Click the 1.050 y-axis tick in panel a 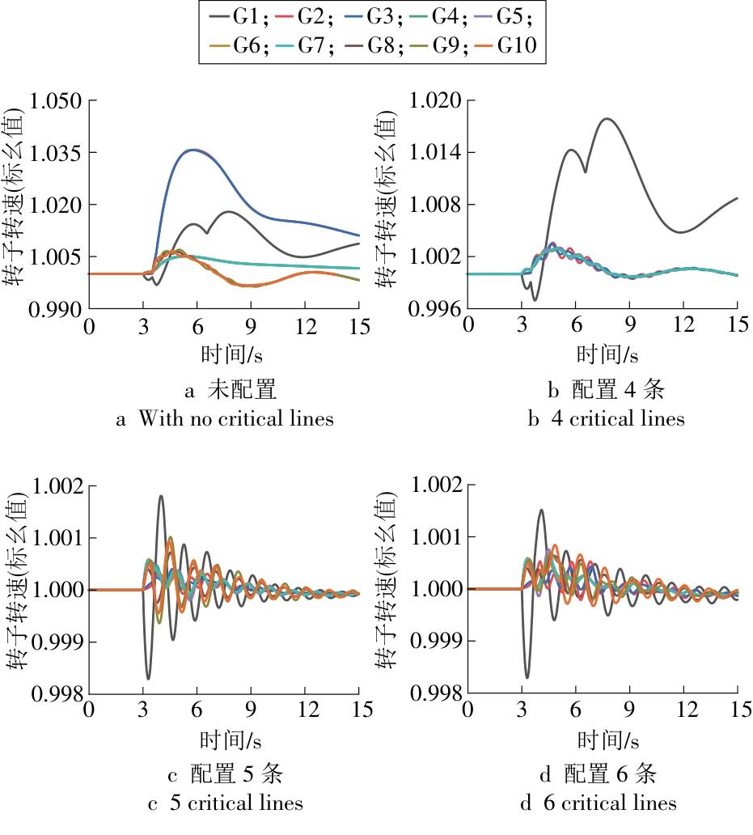pos(56,101)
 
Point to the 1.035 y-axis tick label pos(56,153)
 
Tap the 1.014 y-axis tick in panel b pos(434,153)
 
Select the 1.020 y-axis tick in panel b pos(434,101)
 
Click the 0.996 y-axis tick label pos(434,309)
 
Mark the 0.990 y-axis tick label pos(56,309)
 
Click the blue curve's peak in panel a pos(192,150)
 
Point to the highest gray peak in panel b pos(606,119)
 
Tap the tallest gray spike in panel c pos(161,496)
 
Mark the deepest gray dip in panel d pos(527,677)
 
